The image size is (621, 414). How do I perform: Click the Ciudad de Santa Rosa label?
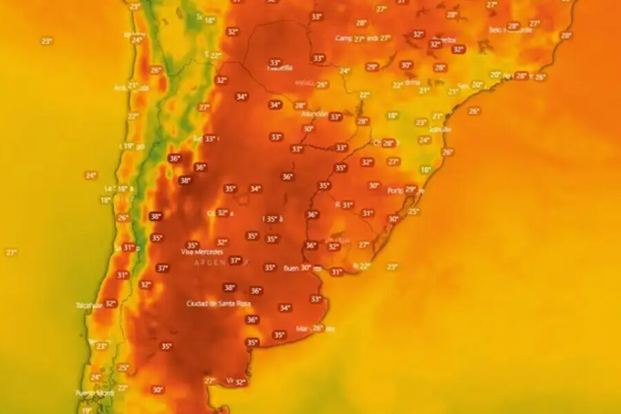click(218, 304)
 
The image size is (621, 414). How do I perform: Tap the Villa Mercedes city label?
click(201, 253)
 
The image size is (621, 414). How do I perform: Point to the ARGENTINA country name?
click(215, 263)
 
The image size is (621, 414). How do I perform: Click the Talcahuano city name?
click(89, 304)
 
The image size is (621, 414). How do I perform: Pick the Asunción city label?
click(315, 114)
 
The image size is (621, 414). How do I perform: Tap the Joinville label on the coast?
click(440, 128)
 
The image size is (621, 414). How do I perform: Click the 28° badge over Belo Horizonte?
click(513, 26)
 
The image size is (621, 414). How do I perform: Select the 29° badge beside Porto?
click(411, 189)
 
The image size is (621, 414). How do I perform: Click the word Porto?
click(395, 190)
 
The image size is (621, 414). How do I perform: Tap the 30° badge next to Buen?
click(306, 268)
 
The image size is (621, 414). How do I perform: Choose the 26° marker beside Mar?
click(318, 328)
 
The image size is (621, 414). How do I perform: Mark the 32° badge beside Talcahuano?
click(110, 304)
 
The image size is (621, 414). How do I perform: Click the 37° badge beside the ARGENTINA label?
click(235, 261)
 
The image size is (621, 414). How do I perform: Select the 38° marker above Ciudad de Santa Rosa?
click(230, 288)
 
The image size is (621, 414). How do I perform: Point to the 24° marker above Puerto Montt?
click(96, 377)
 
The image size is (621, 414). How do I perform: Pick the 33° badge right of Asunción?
click(335, 117)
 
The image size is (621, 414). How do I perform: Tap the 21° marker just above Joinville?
click(437, 117)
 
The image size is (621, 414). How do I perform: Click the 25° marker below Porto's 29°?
click(413, 211)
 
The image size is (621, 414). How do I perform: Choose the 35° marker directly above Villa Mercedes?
click(192, 245)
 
